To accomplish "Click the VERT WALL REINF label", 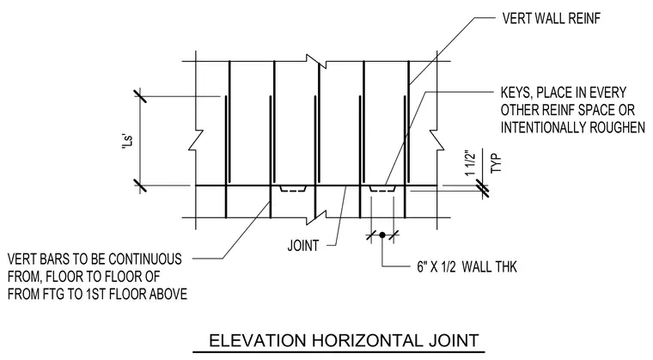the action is [x=552, y=18].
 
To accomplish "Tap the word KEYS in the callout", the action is [x=515, y=93].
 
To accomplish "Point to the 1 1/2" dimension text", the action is [x=470, y=163].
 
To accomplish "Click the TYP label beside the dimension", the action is [x=496, y=163].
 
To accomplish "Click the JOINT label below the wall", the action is [x=303, y=246].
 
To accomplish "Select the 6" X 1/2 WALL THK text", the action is [x=467, y=266].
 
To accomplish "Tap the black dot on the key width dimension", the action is [x=382, y=235].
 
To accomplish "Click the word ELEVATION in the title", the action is [x=257, y=340].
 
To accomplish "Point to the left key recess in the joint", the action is [x=293, y=189].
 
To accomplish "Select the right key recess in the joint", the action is [x=382, y=189].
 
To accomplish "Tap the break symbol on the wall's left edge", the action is [x=196, y=139].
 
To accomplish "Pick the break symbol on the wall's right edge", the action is [x=436, y=139].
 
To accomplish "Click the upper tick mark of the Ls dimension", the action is [x=140, y=96].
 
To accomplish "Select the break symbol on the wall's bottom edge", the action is [x=316, y=217].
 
